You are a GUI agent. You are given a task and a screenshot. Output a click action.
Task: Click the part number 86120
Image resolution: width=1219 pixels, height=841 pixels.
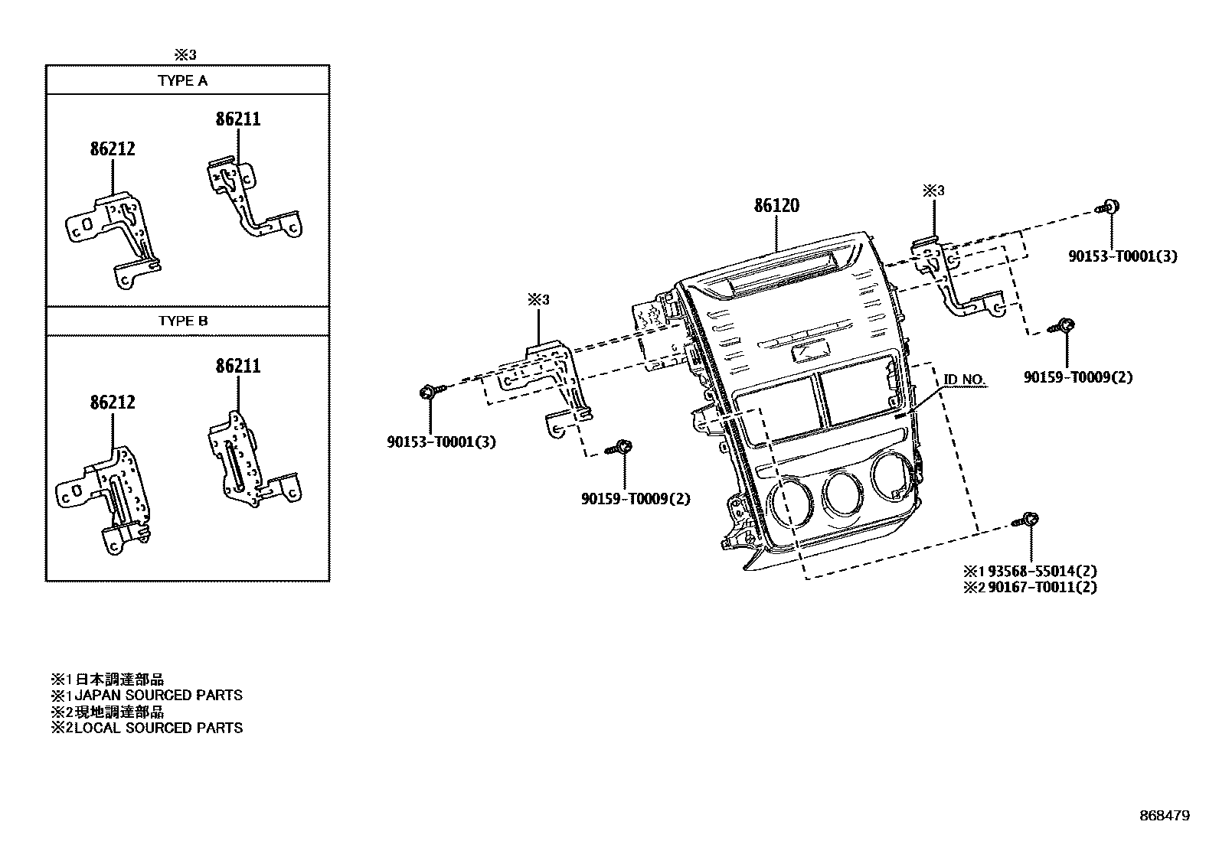pyautogui.click(x=776, y=206)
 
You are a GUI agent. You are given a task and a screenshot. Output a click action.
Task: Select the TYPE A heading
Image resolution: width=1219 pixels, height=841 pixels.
pyautogui.click(x=182, y=80)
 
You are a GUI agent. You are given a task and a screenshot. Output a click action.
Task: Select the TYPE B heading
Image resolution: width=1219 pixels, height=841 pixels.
pyautogui.click(x=182, y=321)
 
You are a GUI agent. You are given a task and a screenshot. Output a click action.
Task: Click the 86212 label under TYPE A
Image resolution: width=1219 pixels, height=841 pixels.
pyautogui.click(x=112, y=149)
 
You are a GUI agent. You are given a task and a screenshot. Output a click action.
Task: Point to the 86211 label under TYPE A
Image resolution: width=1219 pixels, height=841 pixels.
pyautogui.click(x=237, y=119)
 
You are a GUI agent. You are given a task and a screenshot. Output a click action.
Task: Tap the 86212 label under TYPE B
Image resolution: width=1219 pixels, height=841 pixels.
pyautogui.click(x=112, y=403)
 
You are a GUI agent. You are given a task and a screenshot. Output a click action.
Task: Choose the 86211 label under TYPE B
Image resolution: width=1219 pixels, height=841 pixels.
pyautogui.click(x=237, y=367)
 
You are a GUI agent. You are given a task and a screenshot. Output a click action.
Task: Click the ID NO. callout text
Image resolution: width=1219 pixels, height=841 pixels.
pyautogui.click(x=964, y=380)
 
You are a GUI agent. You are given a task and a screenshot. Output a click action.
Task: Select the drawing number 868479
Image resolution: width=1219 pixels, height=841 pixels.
pyautogui.click(x=1164, y=817)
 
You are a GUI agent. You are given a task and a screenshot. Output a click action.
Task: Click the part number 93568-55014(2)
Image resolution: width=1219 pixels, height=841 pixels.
pyautogui.click(x=1040, y=571)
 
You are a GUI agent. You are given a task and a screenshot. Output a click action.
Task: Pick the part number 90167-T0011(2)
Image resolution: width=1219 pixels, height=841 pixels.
pyautogui.click(x=1040, y=588)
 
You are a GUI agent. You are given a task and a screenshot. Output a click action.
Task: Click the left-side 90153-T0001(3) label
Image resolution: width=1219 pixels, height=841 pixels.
pyautogui.click(x=441, y=442)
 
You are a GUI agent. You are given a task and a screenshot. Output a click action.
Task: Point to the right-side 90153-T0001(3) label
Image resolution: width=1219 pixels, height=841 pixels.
pyautogui.click(x=1123, y=257)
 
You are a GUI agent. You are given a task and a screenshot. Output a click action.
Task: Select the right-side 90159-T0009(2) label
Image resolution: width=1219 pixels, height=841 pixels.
pyautogui.click(x=1077, y=377)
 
